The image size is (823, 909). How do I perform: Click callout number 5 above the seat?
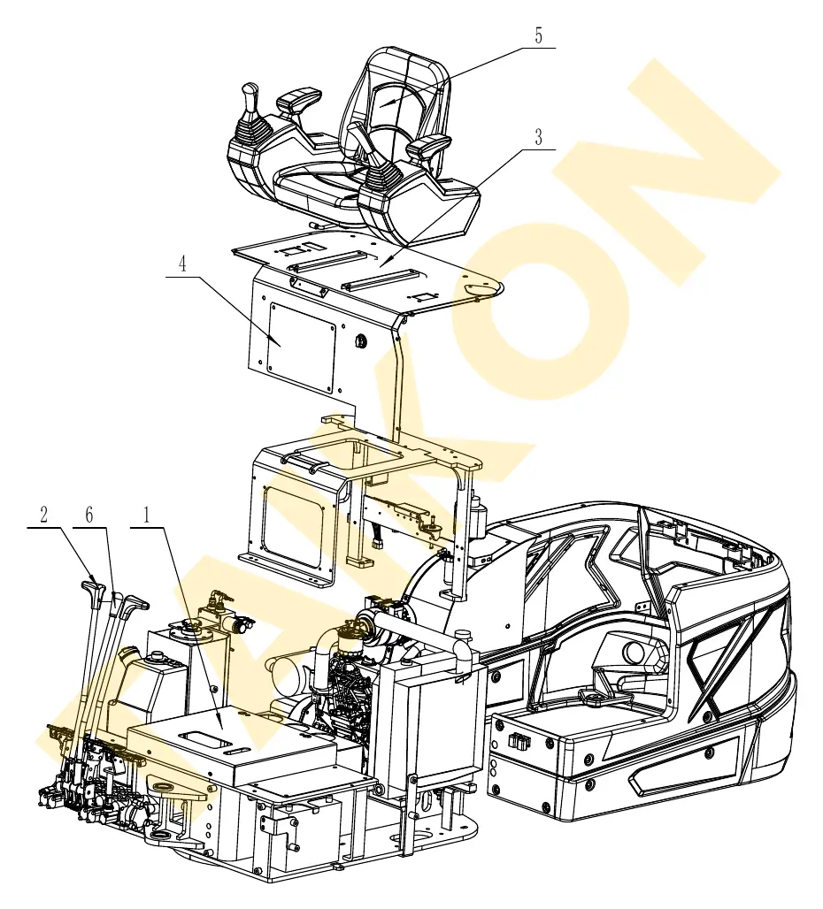(538, 36)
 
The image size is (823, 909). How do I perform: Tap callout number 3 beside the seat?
(539, 137)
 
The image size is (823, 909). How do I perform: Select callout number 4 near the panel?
(182, 264)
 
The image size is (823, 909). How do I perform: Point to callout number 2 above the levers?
(43, 515)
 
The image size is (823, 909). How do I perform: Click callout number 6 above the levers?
(88, 515)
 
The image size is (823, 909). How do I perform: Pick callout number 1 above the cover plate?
(147, 515)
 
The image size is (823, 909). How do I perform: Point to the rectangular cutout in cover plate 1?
(202, 737)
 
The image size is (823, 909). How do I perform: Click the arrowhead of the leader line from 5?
(384, 103)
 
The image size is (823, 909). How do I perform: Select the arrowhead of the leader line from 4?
(275, 342)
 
